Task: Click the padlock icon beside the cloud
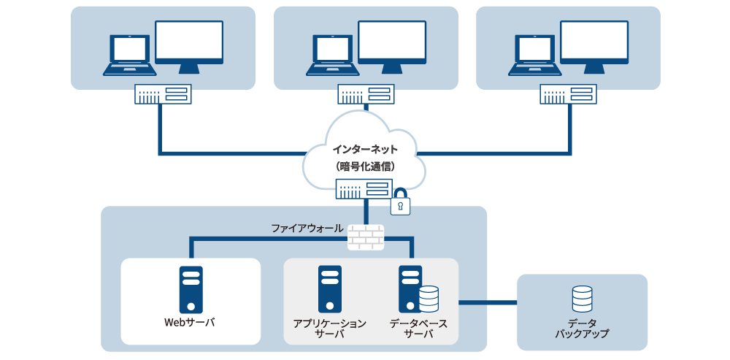pos(400,203)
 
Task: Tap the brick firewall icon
pos(365,236)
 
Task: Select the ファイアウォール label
pos(307,229)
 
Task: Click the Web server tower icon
pos(191,289)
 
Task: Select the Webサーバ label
pos(191,322)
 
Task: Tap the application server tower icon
pos(330,289)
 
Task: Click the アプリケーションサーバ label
pos(330,328)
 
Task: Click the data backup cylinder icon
pos(582,299)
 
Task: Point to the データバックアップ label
pos(582,328)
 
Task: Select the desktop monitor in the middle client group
pos(392,46)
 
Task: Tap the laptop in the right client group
pos(535,55)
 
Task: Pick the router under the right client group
pos(568,94)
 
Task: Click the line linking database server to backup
pos(487,300)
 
